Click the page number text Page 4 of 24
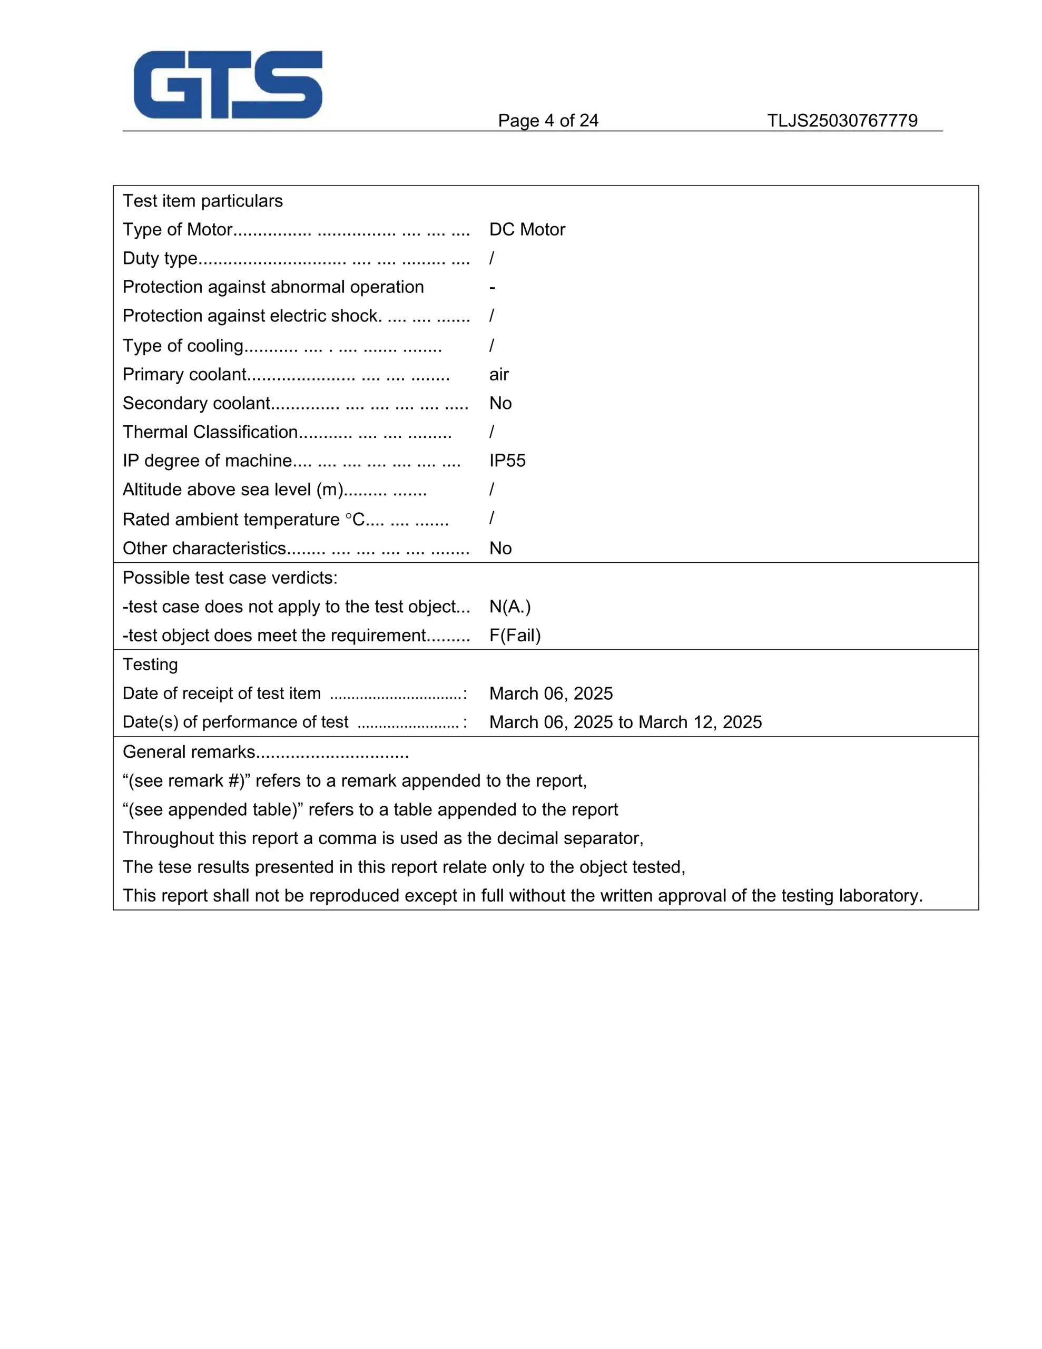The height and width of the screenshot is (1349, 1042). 548,121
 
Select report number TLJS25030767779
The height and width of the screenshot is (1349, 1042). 842,121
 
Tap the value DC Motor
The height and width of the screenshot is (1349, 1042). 527,230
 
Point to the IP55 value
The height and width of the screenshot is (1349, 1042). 507,461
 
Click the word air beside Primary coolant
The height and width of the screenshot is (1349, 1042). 498,374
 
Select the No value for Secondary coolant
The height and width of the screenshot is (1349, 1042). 500,403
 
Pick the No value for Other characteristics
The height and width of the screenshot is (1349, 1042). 500,549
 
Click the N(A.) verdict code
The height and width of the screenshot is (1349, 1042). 509,607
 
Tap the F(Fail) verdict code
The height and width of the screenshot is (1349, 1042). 515,636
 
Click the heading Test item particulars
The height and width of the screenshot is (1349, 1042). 203,201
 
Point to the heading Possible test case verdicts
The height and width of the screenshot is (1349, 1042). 230,578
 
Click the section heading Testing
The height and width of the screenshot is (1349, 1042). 150,664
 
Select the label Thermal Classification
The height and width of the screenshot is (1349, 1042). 210,432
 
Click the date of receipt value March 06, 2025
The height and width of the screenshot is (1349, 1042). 551,693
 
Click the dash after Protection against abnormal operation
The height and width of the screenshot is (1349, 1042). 492,288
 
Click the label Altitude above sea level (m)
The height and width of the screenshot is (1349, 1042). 233,490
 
